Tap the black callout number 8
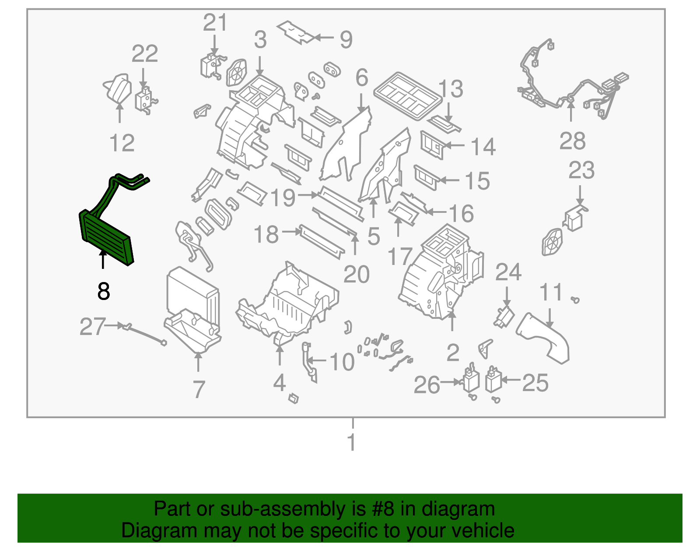[104, 291]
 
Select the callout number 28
[572, 141]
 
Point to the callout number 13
[451, 89]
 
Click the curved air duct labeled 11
[545, 339]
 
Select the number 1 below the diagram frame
[352, 442]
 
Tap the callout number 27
[92, 327]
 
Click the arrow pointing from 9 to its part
[325, 38]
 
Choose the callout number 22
[145, 54]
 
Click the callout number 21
[215, 23]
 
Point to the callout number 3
[260, 40]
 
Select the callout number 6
[361, 78]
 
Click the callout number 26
[427, 385]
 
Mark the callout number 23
[581, 170]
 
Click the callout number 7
[199, 389]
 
